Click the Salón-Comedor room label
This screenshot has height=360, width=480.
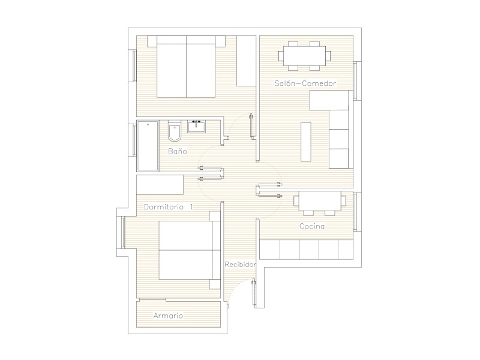(x=305, y=83)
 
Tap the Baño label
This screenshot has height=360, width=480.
(x=178, y=151)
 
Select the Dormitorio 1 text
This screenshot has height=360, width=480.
(x=169, y=207)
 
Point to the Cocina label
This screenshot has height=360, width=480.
(x=312, y=226)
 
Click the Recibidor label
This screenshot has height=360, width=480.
(x=240, y=264)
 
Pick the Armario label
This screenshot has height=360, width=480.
(x=168, y=316)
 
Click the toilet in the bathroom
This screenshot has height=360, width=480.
(x=175, y=131)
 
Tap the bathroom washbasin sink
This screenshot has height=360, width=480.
(x=197, y=127)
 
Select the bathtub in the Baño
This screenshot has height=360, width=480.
(x=148, y=146)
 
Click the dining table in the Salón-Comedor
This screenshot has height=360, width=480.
(x=305, y=56)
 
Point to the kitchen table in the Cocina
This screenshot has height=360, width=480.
(x=320, y=201)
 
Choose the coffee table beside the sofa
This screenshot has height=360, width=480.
(x=306, y=142)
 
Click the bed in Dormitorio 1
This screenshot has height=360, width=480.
(x=190, y=250)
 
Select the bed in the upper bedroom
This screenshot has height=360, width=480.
(x=186, y=67)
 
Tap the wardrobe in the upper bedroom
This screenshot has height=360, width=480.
(x=247, y=61)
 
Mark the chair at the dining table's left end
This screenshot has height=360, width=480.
(x=281, y=56)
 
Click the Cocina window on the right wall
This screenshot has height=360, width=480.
(x=355, y=212)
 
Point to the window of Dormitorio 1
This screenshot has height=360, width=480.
(x=123, y=232)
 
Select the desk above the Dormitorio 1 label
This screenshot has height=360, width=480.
(x=160, y=185)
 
